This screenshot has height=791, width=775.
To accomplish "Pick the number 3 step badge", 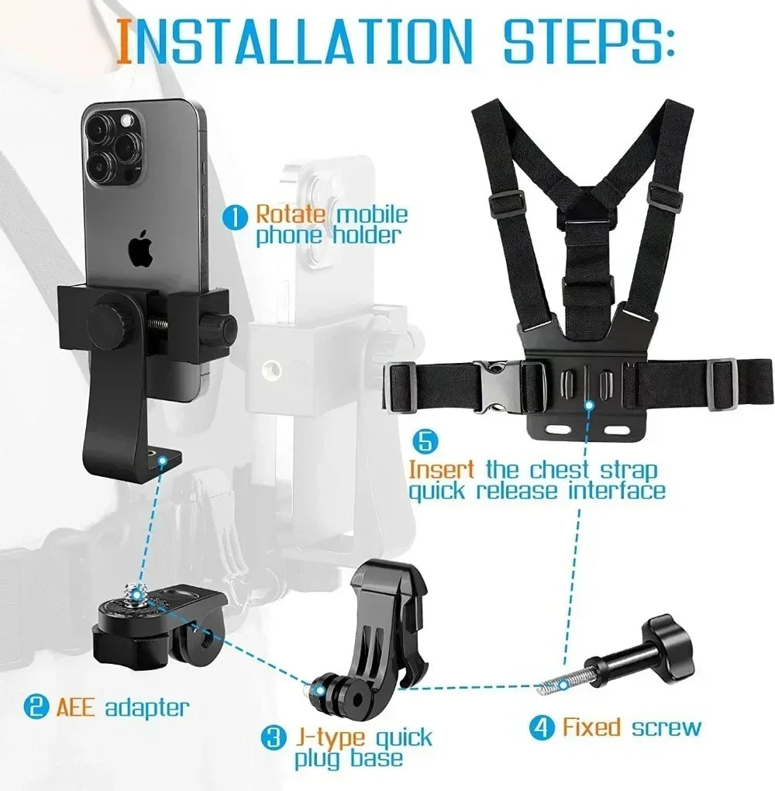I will click(x=272, y=737).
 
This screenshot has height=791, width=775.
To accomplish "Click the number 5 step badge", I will click(x=425, y=441).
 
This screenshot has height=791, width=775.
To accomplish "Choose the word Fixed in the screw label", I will click(x=591, y=727).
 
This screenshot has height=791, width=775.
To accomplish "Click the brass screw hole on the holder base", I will click(x=162, y=461).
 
